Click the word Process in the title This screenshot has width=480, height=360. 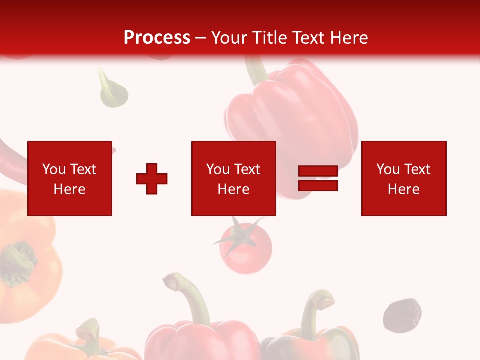[x=157, y=38]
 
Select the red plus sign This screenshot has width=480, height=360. [x=152, y=179]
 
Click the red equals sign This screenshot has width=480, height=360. [x=318, y=179]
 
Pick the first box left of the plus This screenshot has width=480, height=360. [x=70, y=178]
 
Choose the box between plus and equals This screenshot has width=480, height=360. [x=233, y=178]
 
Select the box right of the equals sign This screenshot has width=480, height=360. [x=403, y=178]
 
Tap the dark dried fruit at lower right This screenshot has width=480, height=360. [x=402, y=315]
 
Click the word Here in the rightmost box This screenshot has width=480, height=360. [x=403, y=189]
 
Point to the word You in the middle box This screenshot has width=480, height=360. [x=218, y=169]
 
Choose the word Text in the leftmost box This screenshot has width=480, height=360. [x=83, y=169]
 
